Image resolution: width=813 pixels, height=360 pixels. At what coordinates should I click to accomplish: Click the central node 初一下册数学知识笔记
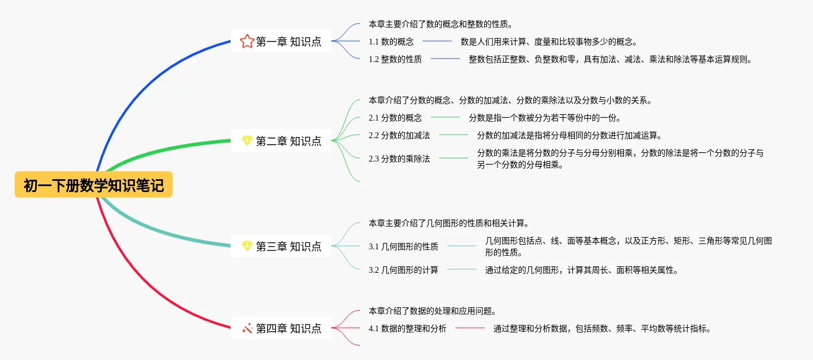click(x=94, y=185)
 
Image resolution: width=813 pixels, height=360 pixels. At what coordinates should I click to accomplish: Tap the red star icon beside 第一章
click(x=247, y=42)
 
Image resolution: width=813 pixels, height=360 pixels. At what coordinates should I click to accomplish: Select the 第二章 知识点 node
click(x=281, y=141)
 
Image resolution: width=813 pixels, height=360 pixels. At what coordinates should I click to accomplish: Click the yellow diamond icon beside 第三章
click(x=247, y=246)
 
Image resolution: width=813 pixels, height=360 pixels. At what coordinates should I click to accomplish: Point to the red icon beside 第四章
click(x=247, y=328)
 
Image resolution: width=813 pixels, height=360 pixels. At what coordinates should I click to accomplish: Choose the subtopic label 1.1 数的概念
click(x=391, y=42)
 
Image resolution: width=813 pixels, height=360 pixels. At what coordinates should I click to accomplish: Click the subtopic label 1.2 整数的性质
click(x=395, y=59)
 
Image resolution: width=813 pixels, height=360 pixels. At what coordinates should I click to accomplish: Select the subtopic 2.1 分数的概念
click(x=395, y=118)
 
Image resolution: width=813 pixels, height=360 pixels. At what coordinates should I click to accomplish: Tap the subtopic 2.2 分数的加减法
click(x=399, y=135)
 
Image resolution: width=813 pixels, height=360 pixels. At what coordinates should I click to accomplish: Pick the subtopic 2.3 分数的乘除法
click(x=399, y=159)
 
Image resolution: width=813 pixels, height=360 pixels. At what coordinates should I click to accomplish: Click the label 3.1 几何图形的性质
click(x=403, y=246)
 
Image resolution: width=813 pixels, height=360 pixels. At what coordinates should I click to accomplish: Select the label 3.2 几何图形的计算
click(x=403, y=270)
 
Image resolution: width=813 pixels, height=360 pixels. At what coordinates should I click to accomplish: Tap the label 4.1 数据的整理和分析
click(x=407, y=328)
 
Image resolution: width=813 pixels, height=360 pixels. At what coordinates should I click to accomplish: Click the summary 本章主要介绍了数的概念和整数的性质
click(x=441, y=25)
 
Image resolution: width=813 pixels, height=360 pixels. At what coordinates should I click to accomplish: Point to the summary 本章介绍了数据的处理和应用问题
click(x=433, y=311)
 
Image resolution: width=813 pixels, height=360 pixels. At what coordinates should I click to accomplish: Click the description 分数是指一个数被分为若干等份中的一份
click(x=545, y=118)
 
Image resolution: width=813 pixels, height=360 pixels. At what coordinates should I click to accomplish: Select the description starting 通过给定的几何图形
click(x=582, y=270)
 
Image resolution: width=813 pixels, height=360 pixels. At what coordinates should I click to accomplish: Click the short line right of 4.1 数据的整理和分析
click(x=469, y=328)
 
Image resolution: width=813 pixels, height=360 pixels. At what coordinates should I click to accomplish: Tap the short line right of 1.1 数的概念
click(x=437, y=41)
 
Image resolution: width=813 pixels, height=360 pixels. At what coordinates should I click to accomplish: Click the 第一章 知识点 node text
click(x=289, y=42)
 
